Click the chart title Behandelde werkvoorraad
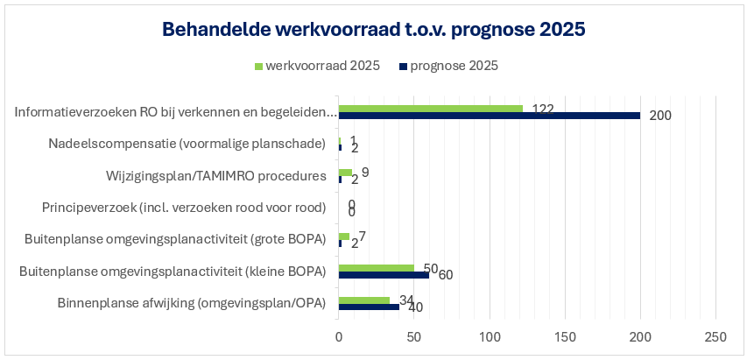pos(373,29)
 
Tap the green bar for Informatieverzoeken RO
pos(430,109)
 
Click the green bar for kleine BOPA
pos(376,268)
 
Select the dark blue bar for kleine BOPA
pos(384,275)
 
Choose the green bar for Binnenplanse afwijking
pos(363,300)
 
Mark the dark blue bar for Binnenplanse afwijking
pos(369,307)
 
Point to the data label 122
pos(543,109)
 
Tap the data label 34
pos(406,300)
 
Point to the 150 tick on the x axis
pos(565,336)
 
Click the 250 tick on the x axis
pos(716,336)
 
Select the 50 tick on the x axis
pos(414,336)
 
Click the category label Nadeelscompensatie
pos(187,144)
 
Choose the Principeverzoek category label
pos(184,208)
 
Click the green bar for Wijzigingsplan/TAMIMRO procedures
pos(345,173)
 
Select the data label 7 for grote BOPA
pos(363,236)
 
